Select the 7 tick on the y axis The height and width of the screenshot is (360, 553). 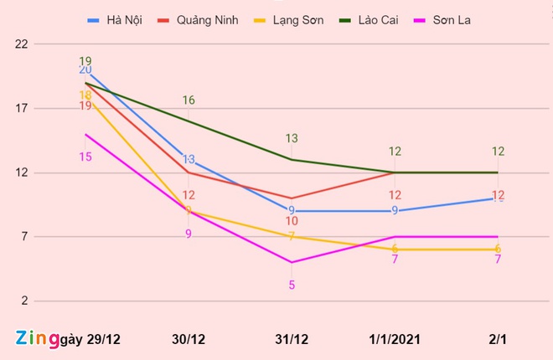pyautogui.click(x=23, y=237)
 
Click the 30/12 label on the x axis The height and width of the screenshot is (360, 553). pyautogui.click(x=189, y=339)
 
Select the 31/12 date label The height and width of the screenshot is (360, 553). pyautogui.click(x=292, y=339)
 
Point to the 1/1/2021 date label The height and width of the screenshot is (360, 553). pyautogui.click(x=395, y=339)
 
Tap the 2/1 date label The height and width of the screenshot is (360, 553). pyautogui.click(x=498, y=339)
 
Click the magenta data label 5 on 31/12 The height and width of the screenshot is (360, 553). pyautogui.click(x=292, y=285)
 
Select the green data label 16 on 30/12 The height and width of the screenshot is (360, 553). pyautogui.click(x=189, y=100)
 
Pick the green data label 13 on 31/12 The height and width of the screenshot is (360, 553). pyautogui.click(x=292, y=139)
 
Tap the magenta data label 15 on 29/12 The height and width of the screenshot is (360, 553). pyautogui.click(x=85, y=157)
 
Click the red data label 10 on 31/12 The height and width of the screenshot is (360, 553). pyautogui.click(x=292, y=221)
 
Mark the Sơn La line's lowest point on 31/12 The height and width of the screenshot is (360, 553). pyautogui.click(x=292, y=262)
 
